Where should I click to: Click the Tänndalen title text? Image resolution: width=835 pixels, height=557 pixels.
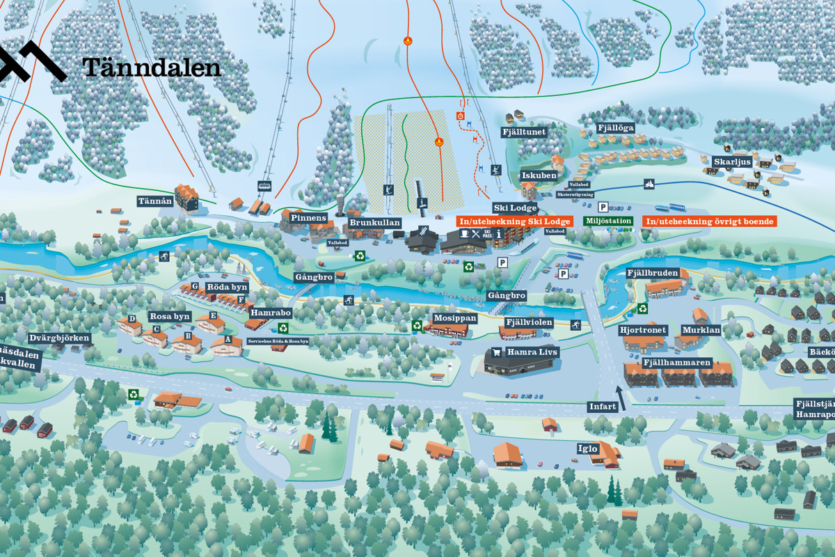point(151,67)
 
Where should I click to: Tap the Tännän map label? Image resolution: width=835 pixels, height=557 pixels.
point(154,201)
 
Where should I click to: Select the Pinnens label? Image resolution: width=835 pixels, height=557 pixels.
point(308,218)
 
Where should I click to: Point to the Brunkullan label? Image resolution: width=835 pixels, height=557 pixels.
point(374,223)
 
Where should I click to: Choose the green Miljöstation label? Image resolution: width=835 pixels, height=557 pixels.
point(608,221)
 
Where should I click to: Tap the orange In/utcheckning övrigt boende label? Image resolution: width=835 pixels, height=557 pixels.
point(709,221)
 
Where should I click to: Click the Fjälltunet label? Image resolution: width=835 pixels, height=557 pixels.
point(524,132)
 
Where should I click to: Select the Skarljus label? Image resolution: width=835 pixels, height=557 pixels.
point(732,162)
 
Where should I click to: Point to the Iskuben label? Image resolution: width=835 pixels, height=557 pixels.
point(539,175)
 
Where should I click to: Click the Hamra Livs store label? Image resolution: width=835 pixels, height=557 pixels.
point(532,352)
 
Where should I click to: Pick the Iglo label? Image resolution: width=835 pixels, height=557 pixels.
point(587,448)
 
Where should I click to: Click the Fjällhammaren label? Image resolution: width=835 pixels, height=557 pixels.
point(676,363)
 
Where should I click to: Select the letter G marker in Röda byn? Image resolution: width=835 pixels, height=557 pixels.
point(195,286)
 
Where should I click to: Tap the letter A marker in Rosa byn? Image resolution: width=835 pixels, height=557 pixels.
point(228,339)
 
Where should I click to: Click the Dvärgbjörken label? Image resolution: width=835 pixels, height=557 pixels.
point(60,338)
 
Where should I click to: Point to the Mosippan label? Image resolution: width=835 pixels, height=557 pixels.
point(455,318)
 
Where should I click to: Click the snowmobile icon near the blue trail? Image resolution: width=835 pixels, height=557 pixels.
point(649,184)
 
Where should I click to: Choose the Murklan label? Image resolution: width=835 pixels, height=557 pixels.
point(701,330)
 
